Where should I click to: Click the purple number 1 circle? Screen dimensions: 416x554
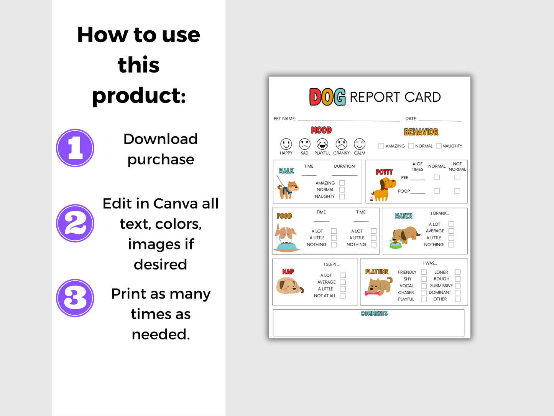(75, 148)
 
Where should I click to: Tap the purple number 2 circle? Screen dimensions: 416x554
(75, 223)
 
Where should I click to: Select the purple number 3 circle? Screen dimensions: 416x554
(75, 298)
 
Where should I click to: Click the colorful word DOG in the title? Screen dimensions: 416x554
(327, 97)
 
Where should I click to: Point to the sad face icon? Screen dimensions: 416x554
(304, 144)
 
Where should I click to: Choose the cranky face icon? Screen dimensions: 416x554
(341, 144)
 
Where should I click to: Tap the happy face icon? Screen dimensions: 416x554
(286, 144)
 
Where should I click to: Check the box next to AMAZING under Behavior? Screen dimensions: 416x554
(381, 146)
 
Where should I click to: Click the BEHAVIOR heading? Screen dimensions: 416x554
(421, 132)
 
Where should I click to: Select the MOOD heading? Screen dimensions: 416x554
(321, 130)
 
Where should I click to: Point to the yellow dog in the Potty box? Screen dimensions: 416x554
(383, 190)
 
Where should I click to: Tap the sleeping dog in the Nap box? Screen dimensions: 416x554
(290, 286)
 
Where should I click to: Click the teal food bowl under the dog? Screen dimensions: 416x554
(288, 246)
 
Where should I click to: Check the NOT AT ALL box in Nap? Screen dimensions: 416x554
(343, 296)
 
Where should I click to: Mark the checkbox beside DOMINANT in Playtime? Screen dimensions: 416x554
(458, 292)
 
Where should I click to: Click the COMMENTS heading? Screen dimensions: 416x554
(374, 314)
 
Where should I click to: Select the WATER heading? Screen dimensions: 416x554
(404, 216)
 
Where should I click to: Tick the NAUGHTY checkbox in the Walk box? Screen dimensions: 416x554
(342, 196)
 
